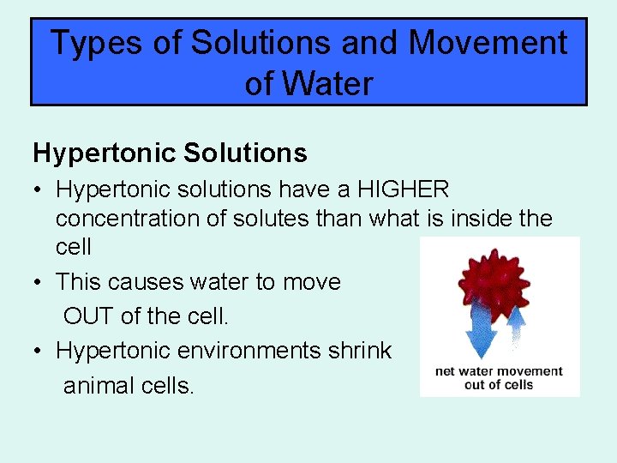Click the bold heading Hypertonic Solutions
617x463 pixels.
(x=170, y=153)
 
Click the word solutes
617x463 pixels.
(x=266, y=219)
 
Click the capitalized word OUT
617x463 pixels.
(x=88, y=316)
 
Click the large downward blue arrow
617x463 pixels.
(x=476, y=330)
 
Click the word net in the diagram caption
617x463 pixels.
(x=446, y=371)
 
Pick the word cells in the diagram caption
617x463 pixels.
(x=517, y=384)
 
